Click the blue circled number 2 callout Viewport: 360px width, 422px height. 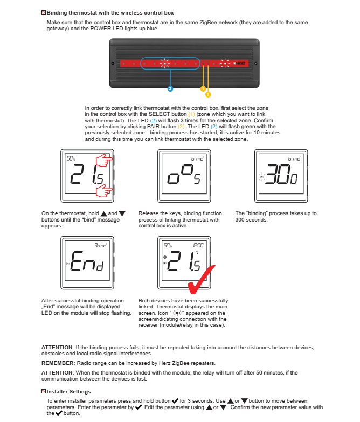click(x=170, y=88)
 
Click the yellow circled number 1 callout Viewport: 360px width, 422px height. click(x=203, y=88)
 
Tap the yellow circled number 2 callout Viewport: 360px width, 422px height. click(x=208, y=94)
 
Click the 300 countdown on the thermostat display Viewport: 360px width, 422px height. click(x=281, y=177)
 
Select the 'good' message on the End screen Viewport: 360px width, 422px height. click(x=101, y=245)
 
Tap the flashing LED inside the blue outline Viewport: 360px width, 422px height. click(x=164, y=64)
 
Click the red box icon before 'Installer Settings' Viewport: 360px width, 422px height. click(x=44, y=391)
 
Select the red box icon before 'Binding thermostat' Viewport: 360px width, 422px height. click(x=44, y=12)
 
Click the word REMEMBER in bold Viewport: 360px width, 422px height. click(x=58, y=363)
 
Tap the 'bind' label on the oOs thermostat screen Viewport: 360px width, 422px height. click(x=197, y=159)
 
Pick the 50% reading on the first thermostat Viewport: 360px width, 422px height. click(x=71, y=159)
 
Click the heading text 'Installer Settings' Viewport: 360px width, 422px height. click(x=68, y=391)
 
